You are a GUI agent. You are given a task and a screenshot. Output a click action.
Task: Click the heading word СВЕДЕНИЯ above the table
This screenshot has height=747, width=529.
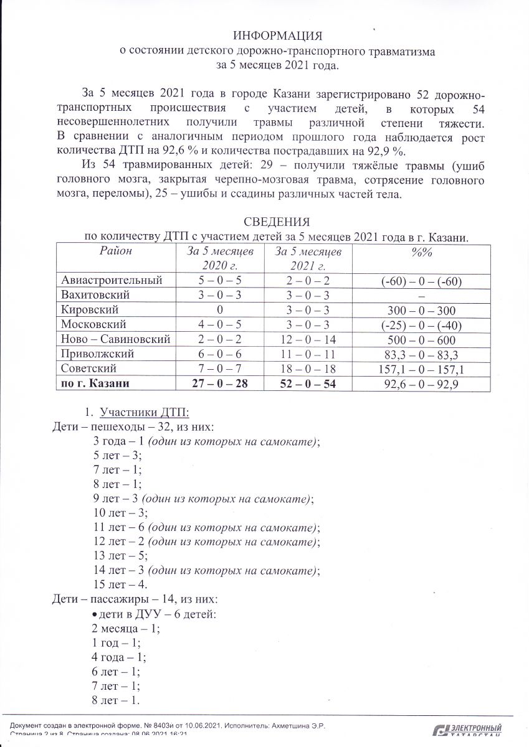277,222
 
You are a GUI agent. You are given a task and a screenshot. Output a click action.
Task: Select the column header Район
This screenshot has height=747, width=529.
116,251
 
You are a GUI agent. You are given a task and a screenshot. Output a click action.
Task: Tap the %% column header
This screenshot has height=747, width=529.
421,251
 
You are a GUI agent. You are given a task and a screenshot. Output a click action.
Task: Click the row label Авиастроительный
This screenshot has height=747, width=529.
112,281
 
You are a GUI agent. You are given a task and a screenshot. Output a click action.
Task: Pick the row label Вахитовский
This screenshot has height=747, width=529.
95,295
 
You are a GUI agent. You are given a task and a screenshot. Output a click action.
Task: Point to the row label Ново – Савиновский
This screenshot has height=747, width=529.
115,339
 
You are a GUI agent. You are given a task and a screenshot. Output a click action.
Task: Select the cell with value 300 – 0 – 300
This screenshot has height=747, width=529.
421,310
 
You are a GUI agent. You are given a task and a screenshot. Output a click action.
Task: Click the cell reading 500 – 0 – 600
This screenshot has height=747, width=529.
421,340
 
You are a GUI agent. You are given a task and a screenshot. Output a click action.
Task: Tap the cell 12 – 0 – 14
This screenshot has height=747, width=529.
308,339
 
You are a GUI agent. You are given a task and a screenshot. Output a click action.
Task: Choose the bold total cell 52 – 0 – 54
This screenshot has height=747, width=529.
308,384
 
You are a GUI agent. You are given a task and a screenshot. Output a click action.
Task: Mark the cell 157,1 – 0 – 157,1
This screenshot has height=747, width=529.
421,369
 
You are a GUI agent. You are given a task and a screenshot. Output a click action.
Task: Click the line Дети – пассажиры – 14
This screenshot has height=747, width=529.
135,599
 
